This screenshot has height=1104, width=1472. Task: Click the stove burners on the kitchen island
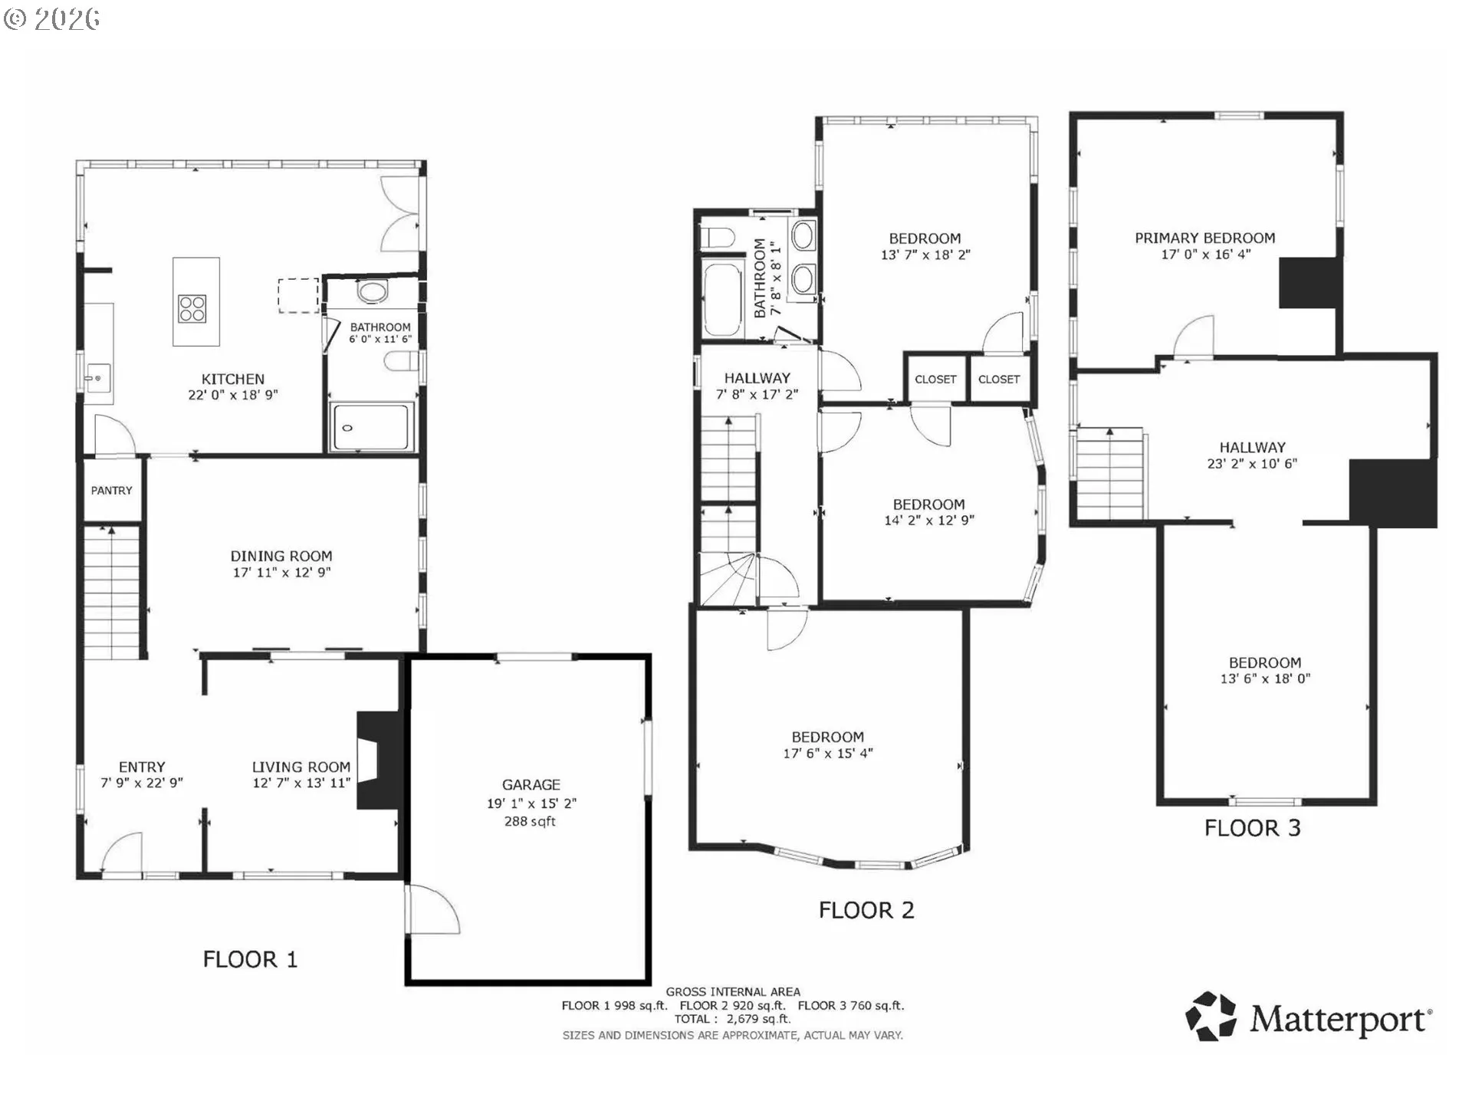(x=192, y=308)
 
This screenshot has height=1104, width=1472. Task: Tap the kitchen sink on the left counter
(x=98, y=378)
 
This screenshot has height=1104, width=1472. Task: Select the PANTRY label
(x=112, y=491)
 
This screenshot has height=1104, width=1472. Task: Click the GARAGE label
(x=531, y=785)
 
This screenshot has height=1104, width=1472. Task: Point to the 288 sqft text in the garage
(x=530, y=821)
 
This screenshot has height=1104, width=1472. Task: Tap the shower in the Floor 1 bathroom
(x=372, y=427)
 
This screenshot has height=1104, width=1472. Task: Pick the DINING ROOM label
(x=281, y=557)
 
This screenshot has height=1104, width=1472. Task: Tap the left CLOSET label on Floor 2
(x=935, y=379)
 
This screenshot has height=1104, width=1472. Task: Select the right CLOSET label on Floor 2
(x=999, y=379)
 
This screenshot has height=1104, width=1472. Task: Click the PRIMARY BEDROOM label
(x=1205, y=238)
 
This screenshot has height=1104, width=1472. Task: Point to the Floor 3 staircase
(x=1110, y=475)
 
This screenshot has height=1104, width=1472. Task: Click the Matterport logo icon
(x=1211, y=1017)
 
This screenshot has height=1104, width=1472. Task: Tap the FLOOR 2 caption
(x=866, y=911)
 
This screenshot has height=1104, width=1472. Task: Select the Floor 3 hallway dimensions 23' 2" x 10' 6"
(x=1252, y=464)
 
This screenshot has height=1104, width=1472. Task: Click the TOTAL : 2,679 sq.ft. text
(x=732, y=1020)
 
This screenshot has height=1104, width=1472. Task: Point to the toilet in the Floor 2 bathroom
(x=718, y=238)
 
